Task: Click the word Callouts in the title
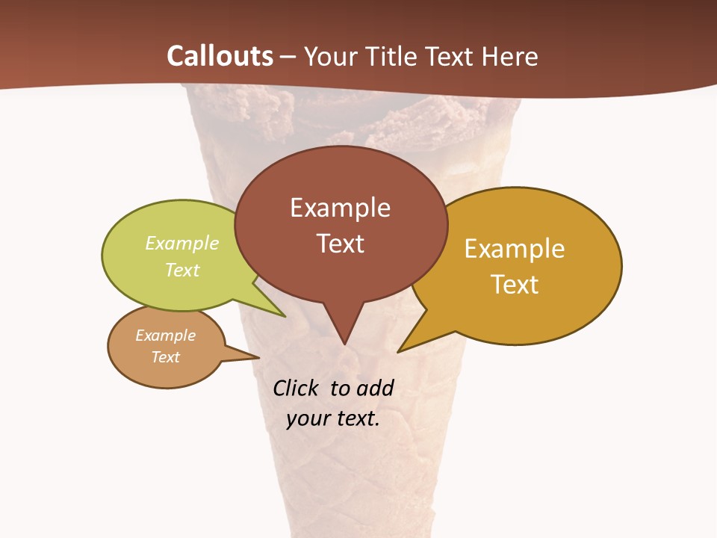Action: click(220, 56)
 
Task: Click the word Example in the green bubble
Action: click(182, 243)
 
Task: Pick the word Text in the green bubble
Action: click(182, 270)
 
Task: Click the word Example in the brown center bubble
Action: click(340, 207)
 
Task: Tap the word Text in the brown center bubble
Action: click(340, 243)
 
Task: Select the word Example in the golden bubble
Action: click(515, 248)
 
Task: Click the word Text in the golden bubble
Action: click(515, 284)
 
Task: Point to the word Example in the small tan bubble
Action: click(165, 336)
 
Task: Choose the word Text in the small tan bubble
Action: click(165, 357)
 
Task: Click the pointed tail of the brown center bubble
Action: click(344, 336)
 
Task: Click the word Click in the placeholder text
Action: click(297, 388)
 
